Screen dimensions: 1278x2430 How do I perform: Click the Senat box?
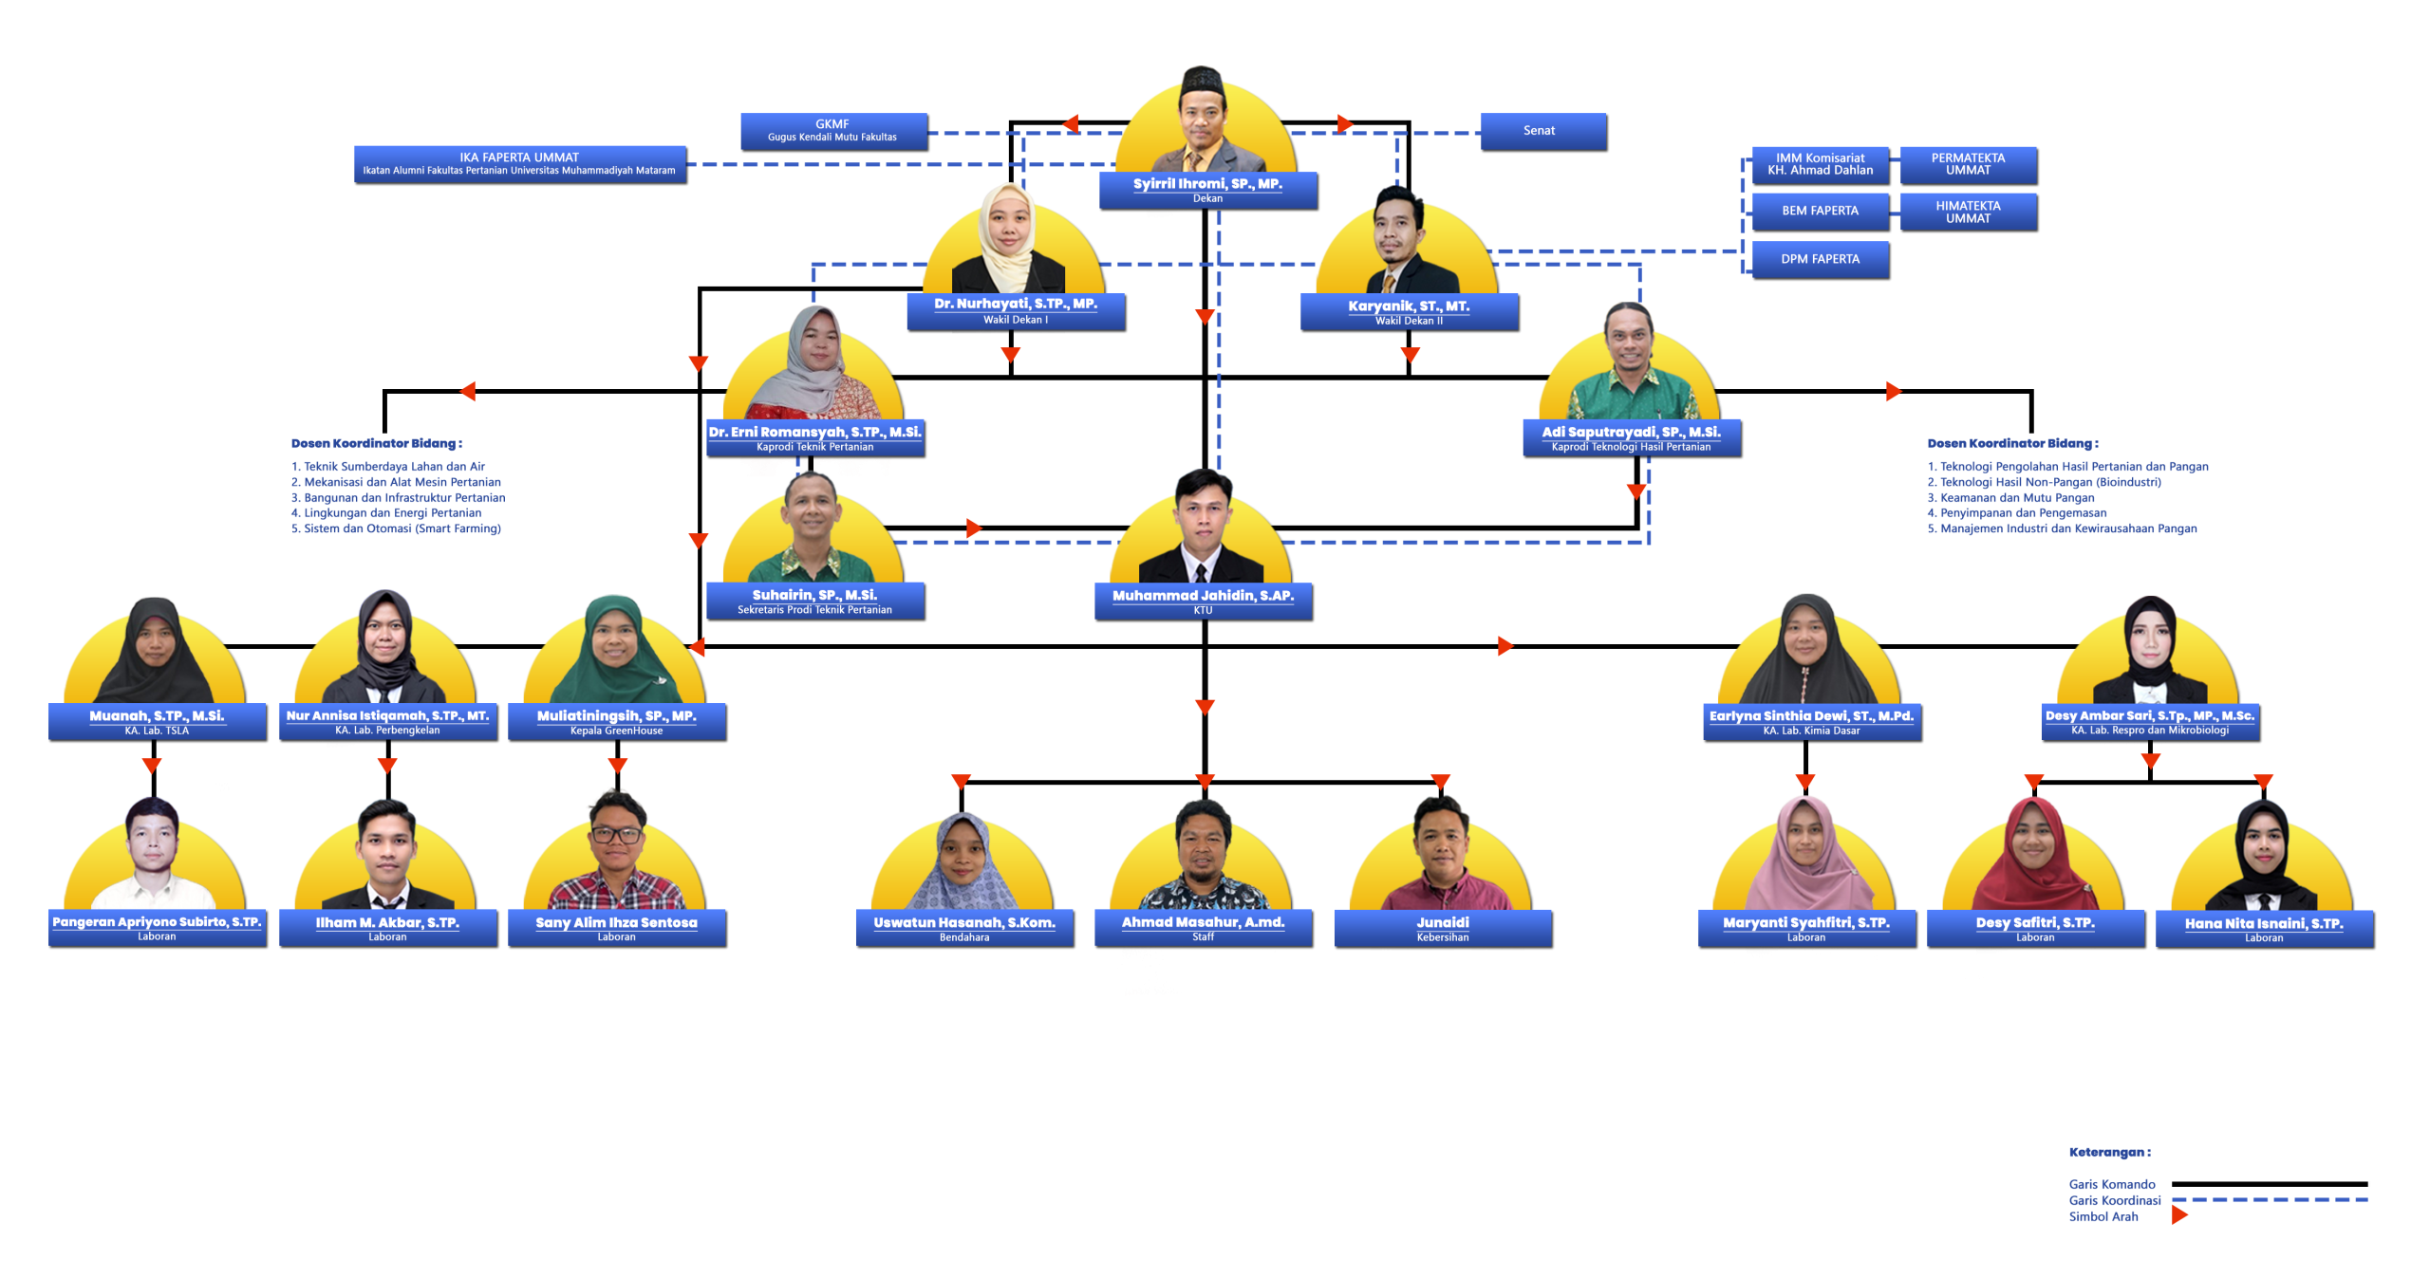[1542, 131]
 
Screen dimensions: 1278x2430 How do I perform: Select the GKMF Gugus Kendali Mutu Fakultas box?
[832, 131]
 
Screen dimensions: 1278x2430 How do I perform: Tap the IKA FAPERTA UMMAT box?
[519, 163]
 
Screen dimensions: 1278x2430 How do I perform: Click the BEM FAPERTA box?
[1820, 211]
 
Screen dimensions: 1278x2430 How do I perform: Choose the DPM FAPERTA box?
[1820, 259]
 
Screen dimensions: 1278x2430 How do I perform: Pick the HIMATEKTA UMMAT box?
[1968, 212]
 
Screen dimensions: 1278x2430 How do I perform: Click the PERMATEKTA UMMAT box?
[1968, 164]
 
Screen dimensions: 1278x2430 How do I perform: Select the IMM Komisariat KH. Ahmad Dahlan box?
[1820, 164]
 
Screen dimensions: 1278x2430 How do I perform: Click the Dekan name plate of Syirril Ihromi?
[1207, 189]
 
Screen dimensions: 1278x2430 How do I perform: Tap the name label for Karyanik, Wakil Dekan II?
[1409, 311]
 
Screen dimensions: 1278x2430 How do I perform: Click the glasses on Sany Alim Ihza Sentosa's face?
[616, 835]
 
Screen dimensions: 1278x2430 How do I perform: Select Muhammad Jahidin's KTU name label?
[1203, 601]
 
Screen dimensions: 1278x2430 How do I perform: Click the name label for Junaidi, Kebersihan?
[1443, 927]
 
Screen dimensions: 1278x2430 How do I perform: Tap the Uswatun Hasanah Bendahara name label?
[964, 927]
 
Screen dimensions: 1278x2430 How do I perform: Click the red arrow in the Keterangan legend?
[2179, 1215]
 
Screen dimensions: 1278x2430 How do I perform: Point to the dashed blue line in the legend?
[2270, 1200]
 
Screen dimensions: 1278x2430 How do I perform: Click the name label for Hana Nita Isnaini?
[2264, 928]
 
